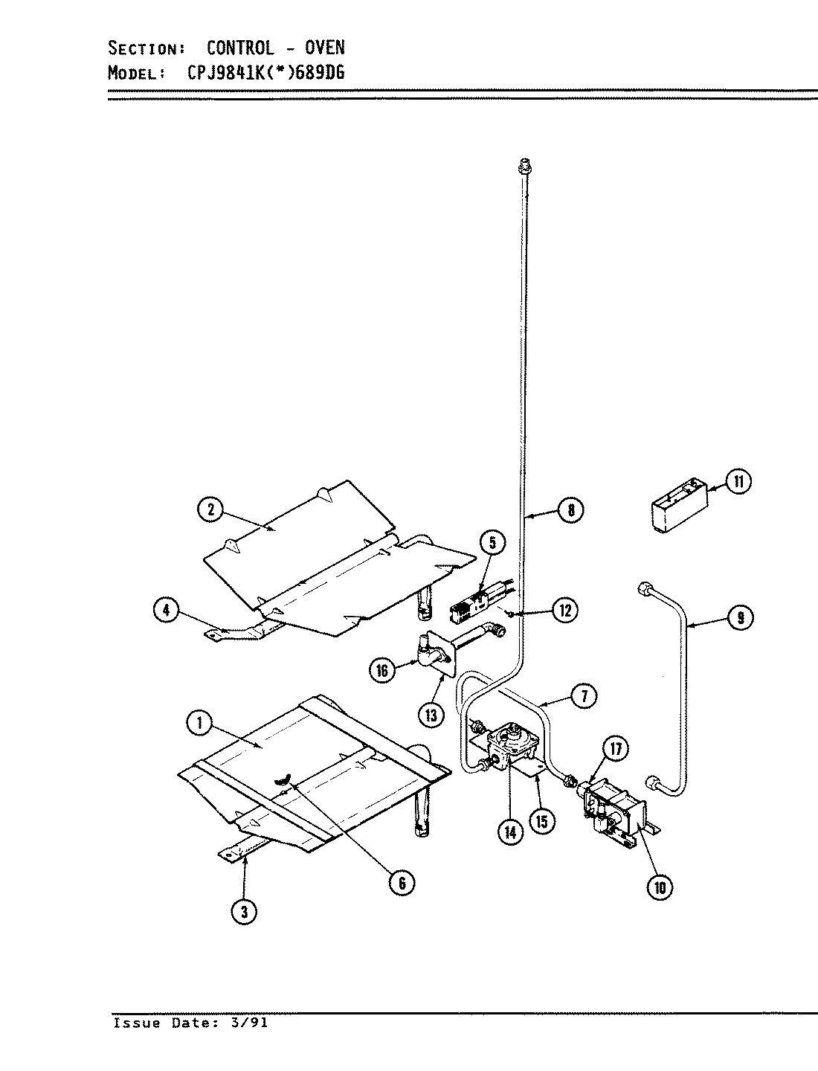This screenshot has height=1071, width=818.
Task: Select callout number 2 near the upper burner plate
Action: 210,509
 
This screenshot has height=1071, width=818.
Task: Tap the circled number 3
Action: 243,911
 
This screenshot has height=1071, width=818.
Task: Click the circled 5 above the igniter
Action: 492,543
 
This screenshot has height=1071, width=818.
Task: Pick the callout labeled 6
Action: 401,882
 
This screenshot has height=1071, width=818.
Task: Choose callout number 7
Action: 584,695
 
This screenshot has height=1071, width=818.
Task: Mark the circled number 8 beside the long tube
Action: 570,510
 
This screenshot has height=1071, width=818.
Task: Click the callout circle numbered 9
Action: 740,617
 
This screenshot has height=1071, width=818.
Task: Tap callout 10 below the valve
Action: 660,887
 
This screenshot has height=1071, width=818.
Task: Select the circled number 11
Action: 738,482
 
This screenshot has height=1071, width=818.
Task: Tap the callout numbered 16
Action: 382,670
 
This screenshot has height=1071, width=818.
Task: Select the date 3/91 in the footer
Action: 252,1023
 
